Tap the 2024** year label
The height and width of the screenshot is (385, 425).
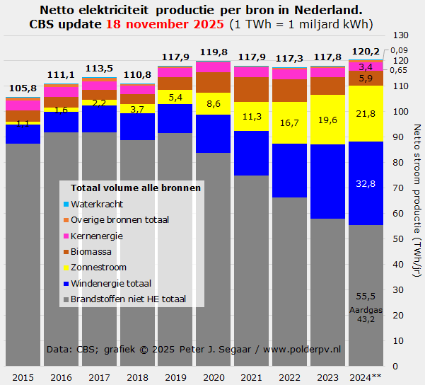tap(366, 377)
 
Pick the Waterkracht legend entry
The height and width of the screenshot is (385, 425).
tap(97, 204)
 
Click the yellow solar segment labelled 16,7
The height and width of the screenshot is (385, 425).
tap(289, 122)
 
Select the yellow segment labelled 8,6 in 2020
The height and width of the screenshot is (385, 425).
tap(213, 103)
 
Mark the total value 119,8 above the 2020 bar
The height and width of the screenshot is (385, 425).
tap(213, 52)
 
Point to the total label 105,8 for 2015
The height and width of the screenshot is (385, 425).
tap(23, 88)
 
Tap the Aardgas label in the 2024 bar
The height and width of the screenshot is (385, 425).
tap(366, 310)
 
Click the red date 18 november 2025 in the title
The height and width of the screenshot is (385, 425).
tap(167, 24)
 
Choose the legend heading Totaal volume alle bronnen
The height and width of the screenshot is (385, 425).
tap(136, 188)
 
